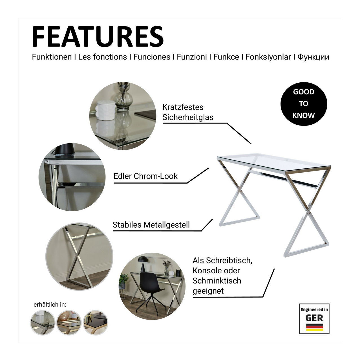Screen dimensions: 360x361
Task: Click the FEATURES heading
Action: point(98,37)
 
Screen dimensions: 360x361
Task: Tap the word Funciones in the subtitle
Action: point(152,57)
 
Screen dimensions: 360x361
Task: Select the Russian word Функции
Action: point(313,57)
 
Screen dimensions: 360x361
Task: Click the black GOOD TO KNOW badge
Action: point(304,104)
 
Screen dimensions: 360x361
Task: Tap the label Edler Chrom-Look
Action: point(145,176)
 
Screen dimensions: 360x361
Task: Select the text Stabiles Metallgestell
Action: point(151,224)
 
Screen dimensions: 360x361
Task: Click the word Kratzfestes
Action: point(183,107)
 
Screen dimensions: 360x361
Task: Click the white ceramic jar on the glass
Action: point(105,110)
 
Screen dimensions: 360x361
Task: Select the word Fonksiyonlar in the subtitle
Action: point(268,57)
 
